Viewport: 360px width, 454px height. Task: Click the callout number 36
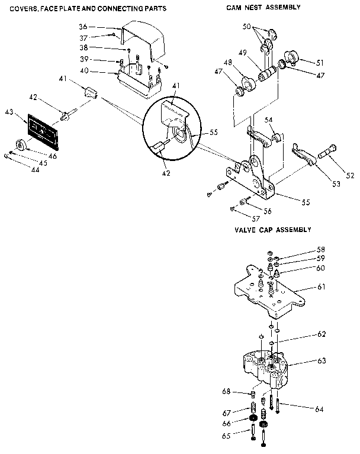pos(83,27)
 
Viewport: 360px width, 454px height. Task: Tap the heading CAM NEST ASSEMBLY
pos(263,7)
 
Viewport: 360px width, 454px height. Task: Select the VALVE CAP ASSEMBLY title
pos(272,229)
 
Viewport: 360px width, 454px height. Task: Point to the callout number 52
pos(350,175)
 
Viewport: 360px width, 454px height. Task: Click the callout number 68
pos(226,391)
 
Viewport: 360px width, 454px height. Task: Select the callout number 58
pos(320,250)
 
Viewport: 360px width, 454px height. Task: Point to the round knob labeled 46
pos(21,144)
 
